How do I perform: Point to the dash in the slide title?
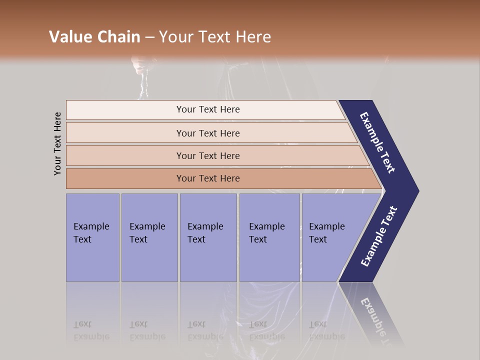(x=150, y=37)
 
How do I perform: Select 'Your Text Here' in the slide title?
(x=214, y=37)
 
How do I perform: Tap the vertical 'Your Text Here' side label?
(x=57, y=144)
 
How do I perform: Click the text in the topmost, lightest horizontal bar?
(x=208, y=109)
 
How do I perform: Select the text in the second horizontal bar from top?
(x=208, y=133)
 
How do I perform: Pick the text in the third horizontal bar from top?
(x=208, y=156)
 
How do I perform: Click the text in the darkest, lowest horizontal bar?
(x=208, y=178)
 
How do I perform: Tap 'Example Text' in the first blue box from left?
(x=91, y=233)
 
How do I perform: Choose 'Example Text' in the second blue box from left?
(x=147, y=233)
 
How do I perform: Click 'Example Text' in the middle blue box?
(x=205, y=233)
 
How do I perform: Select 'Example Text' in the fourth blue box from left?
(x=266, y=233)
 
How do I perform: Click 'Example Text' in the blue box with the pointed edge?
(x=326, y=233)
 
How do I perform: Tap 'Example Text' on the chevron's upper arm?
(x=377, y=142)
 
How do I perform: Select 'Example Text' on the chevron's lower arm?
(x=379, y=236)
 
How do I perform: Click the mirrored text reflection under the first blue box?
(x=91, y=331)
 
